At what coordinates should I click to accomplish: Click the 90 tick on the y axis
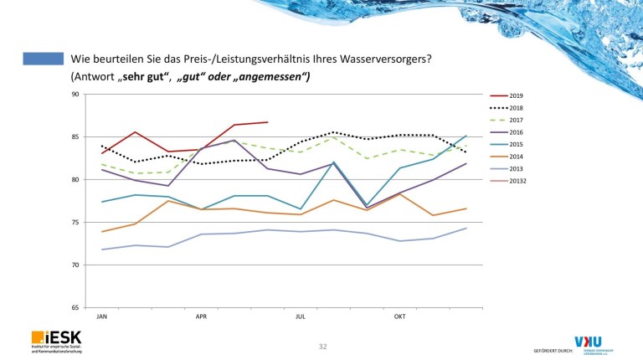(75, 94)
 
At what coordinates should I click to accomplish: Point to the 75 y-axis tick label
(75, 223)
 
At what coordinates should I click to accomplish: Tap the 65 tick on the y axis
(75, 308)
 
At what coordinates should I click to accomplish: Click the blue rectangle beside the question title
(44, 59)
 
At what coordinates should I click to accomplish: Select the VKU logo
(592, 343)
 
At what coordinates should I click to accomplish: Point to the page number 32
(322, 345)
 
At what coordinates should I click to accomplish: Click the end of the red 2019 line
(267, 122)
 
